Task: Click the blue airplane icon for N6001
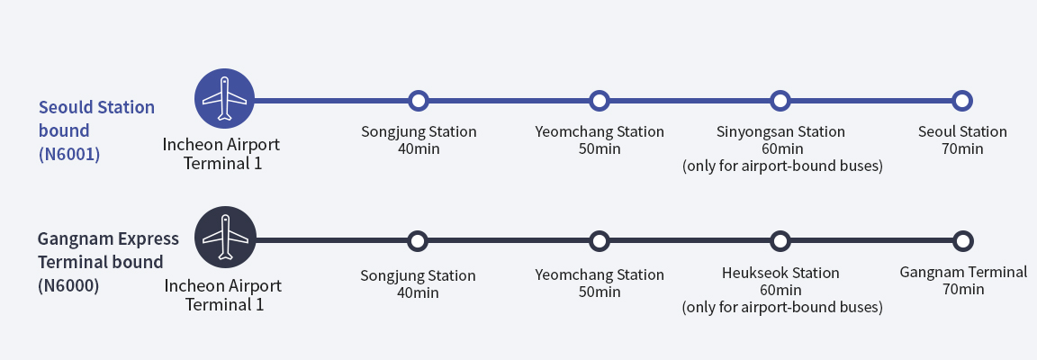point(225,99)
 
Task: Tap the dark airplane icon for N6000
point(225,238)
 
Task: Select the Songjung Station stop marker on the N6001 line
point(418,100)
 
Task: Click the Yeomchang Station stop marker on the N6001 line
point(600,100)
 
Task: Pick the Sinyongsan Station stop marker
point(780,100)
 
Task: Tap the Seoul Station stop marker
point(962,100)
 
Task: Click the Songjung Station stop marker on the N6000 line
point(418,241)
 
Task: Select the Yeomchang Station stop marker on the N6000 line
point(600,241)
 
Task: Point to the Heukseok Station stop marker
point(780,241)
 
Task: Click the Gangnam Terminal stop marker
point(963,241)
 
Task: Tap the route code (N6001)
point(69,154)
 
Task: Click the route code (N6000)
point(68,286)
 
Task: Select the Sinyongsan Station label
point(780,132)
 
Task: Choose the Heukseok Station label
point(780,273)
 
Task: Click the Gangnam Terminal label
point(963,272)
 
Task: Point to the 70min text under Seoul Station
point(962,148)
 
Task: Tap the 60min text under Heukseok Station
point(780,290)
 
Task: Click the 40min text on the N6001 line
point(419,148)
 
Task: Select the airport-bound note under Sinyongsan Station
point(781,166)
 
